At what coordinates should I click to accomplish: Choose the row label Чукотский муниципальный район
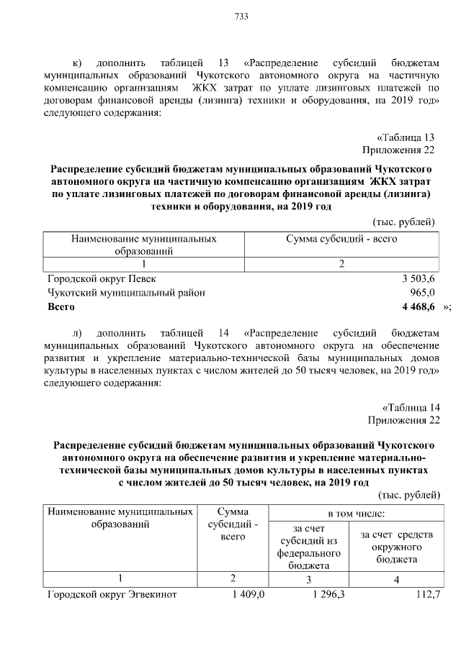pyautogui.click(x=126, y=293)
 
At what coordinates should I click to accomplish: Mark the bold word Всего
pyautogui.click(x=61, y=307)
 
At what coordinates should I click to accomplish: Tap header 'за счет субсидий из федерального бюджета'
pyautogui.click(x=308, y=547)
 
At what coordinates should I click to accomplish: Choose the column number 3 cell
pyautogui.click(x=308, y=579)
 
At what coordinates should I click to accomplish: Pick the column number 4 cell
pyautogui.click(x=396, y=579)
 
